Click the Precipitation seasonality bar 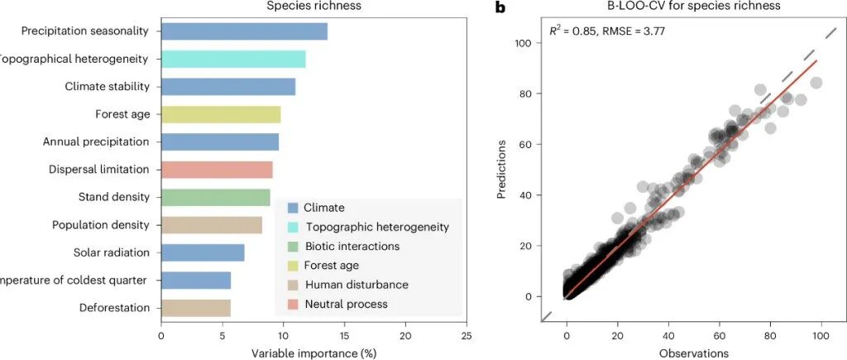point(244,31)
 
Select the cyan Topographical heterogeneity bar point(233,59)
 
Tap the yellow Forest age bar point(221,114)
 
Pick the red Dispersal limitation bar point(217,170)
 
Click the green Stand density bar point(215,197)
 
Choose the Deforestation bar point(195,308)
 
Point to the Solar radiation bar point(203,252)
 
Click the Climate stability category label point(107,87)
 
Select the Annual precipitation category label point(96,142)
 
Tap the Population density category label point(100,225)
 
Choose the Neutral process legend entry point(346,304)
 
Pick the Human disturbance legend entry point(356,285)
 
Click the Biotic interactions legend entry point(352,246)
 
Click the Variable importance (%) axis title point(313,353)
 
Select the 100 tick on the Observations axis point(821,336)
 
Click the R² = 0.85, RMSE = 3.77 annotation point(608,31)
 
